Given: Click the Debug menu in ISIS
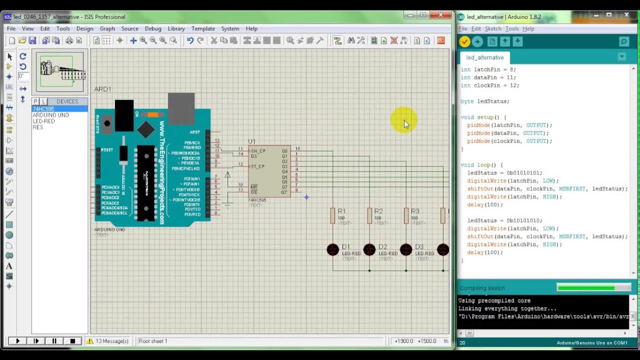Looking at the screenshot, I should pos(153,28).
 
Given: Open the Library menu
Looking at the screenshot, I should pos(176,28).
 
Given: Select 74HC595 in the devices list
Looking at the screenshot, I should pos(43,109).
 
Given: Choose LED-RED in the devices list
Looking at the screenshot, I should pos(43,121).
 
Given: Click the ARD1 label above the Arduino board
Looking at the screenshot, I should pos(102,89).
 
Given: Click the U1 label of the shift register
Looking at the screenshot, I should pos(251,141).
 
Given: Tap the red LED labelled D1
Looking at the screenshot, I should pos(332,249).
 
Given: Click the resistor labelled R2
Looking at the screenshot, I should pos(369,215).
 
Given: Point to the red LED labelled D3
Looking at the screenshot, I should pos(406,249).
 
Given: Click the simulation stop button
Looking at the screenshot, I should pos(72,341).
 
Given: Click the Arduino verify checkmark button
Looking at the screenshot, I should pos(465,41).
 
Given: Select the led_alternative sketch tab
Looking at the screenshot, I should pos(484,57).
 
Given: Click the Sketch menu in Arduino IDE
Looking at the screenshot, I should pos(493,28).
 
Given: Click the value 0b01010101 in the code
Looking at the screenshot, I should pos(524,173).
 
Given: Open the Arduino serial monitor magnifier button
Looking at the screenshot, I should pos(624,41).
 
